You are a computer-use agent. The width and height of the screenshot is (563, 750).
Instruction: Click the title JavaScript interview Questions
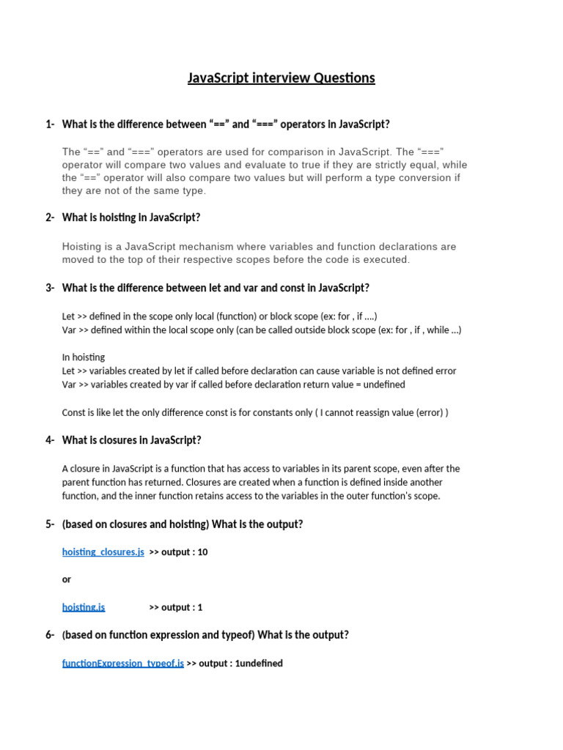(x=281, y=78)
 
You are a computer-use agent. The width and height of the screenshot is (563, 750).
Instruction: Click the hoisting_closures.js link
(x=103, y=552)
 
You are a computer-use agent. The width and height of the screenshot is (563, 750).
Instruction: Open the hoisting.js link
(x=84, y=607)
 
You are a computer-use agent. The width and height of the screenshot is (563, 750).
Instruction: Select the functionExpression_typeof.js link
(x=122, y=663)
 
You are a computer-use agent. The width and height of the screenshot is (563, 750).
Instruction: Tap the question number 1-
(x=50, y=125)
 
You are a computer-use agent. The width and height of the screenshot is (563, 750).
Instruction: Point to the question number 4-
(x=50, y=440)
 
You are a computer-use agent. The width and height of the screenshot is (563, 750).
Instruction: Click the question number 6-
(x=50, y=635)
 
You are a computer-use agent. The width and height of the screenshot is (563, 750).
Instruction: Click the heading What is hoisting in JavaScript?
(x=131, y=218)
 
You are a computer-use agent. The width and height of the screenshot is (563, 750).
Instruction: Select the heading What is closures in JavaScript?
(x=131, y=440)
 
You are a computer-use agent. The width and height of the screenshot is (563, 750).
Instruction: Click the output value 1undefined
(x=259, y=663)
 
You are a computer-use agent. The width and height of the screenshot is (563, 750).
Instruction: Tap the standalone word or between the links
(x=67, y=579)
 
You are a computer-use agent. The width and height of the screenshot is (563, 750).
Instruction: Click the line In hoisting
(x=84, y=357)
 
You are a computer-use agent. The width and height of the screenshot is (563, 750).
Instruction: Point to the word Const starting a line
(x=75, y=412)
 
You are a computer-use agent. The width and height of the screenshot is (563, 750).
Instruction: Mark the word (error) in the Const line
(x=428, y=412)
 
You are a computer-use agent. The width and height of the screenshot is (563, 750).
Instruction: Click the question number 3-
(x=50, y=288)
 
